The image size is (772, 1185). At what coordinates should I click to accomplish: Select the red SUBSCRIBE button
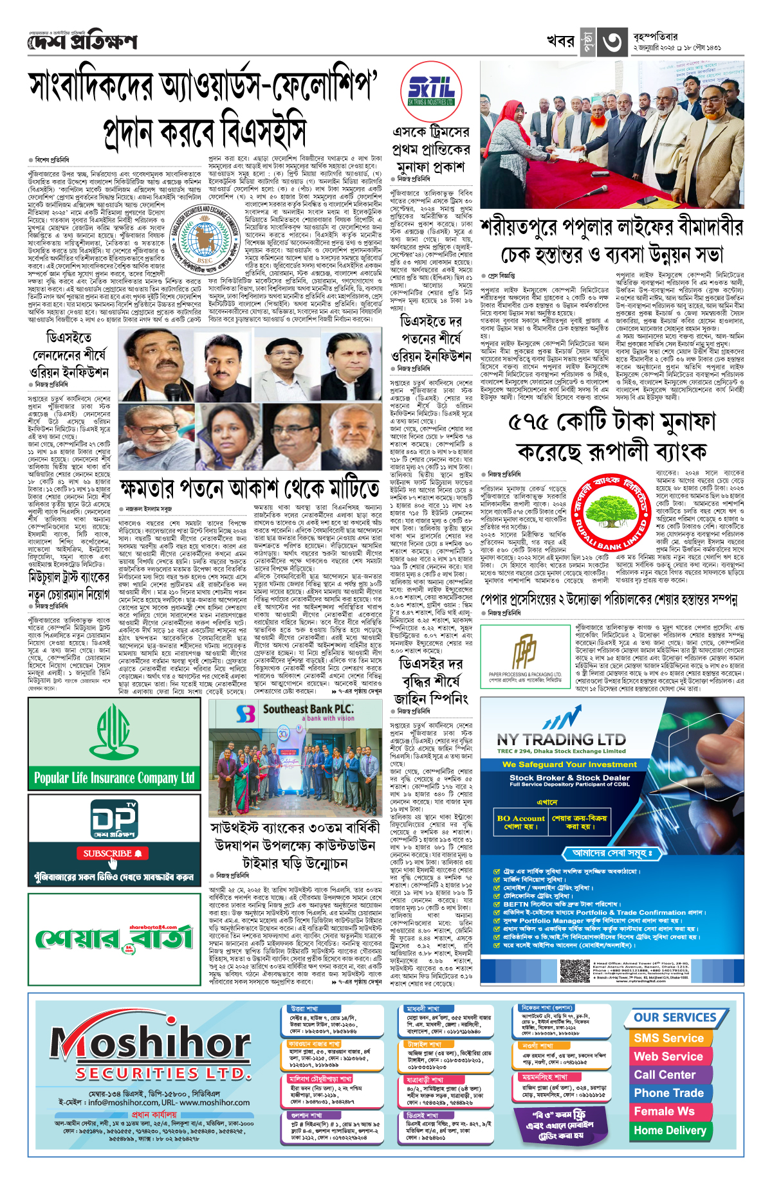pyautogui.click(x=113, y=853)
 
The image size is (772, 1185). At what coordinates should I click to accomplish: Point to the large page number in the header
pyautogui.click(x=612, y=41)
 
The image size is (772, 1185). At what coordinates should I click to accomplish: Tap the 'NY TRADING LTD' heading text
pyautogui.click(x=561, y=740)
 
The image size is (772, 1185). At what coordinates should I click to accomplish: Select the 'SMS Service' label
pyautogui.click(x=668, y=1038)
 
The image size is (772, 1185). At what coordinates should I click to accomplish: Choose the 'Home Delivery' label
pyautogui.click(x=670, y=1130)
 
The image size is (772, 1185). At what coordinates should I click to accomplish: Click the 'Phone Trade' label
pyautogui.click(x=668, y=1093)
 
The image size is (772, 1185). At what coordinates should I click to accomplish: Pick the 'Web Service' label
pyautogui.click(x=668, y=1056)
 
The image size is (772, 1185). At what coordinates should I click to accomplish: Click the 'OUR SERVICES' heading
pyautogui.click(x=675, y=1017)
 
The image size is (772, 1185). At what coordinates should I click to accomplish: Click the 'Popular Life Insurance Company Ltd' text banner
pyautogui.click(x=114, y=778)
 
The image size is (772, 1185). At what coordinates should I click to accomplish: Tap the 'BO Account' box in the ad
pyautogui.click(x=521, y=822)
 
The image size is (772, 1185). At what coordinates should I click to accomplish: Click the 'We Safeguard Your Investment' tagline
pyautogui.click(x=561, y=764)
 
